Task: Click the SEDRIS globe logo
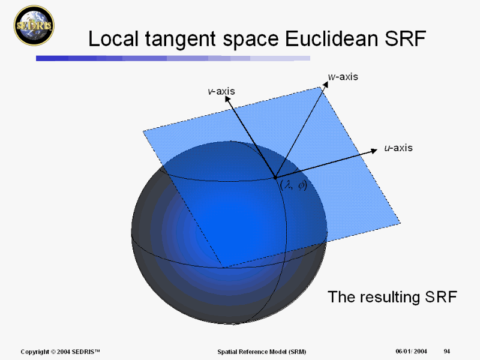pyautogui.click(x=34, y=25)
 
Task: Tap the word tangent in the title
pyautogui.click(x=181, y=40)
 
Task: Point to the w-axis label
pyautogui.click(x=343, y=77)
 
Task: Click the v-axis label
pyautogui.click(x=221, y=91)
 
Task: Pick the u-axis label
pyautogui.click(x=398, y=148)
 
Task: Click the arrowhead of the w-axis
pyautogui.click(x=325, y=84)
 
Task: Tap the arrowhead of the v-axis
pyautogui.click(x=227, y=98)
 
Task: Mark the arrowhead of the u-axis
pyautogui.click(x=374, y=151)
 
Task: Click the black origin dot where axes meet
pyautogui.click(x=275, y=177)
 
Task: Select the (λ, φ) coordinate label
pyautogui.click(x=293, y=185)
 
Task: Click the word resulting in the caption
pyautogui.click(x=389, y=297)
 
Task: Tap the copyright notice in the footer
pyautogui.click(x=61, y=352)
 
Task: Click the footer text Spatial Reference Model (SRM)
pyautogui.click(x=262, y=352)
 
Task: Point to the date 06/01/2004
pyautogui.click(x=411, y=352)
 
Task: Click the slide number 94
pyautogui.click(x=447, y=352)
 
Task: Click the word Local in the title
pyautogui.click(x=113, y=38)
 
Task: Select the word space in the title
pyautogui.click(x=251, y=41)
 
